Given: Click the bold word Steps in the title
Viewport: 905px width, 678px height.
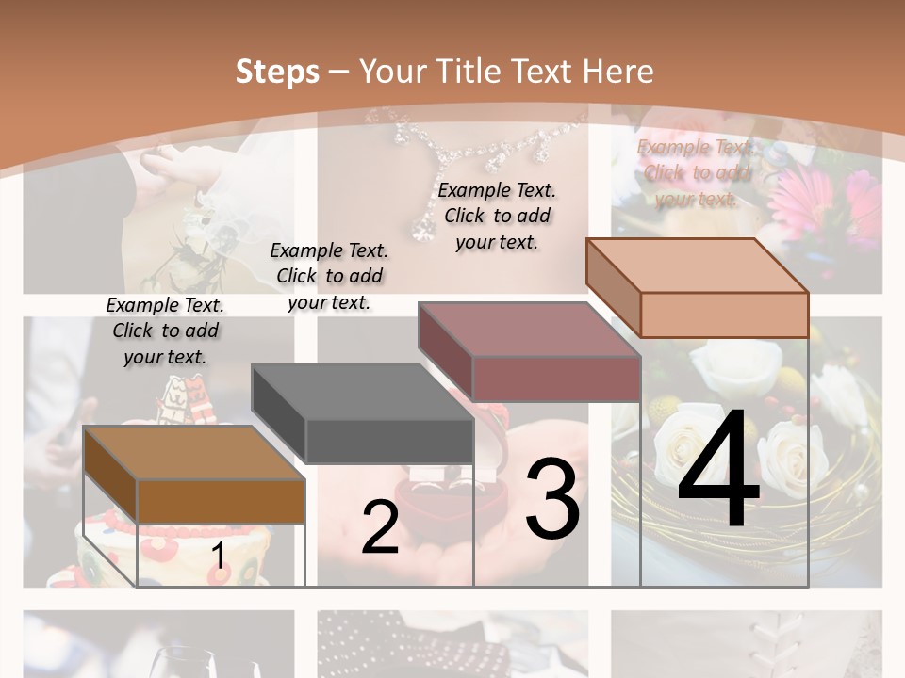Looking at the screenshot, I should pos(277,72).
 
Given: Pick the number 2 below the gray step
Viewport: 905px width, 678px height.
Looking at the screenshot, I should pos(380,527).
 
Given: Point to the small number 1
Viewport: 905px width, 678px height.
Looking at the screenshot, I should pos(219,557).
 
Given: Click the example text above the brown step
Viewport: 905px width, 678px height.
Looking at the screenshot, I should pos(165,331).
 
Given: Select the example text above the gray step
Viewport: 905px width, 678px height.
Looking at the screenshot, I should pos(329,276).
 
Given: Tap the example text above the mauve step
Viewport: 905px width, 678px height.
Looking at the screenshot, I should pos(497,216).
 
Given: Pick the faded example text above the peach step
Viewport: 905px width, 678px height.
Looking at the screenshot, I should pos(696,172).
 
